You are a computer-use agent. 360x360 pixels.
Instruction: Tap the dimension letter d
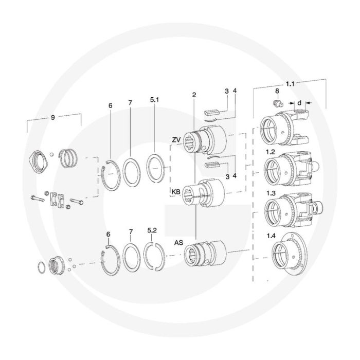pos(299,103)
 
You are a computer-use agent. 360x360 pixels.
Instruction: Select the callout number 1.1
pos(290,84)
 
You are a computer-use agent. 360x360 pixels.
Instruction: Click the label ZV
pos(176,140)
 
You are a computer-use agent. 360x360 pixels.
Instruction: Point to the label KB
pos(176,192)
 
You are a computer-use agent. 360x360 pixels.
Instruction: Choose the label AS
pos(178,243)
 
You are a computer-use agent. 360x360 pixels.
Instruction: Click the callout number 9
pos(53,118)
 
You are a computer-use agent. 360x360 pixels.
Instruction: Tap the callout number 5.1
pos(154,100)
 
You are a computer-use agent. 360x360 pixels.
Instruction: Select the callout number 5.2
pos(152,230)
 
